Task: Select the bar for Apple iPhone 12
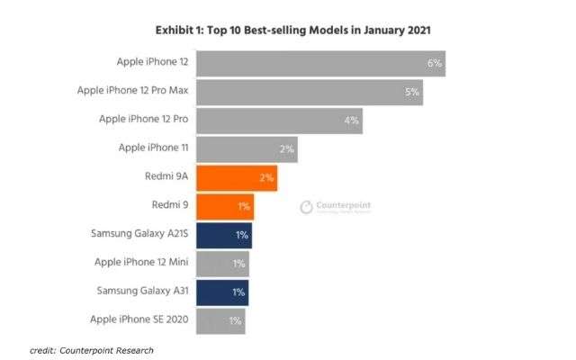click(x=319, y=64)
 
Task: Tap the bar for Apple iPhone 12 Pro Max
click(x=309, y=92)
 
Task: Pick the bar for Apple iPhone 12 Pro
click(x=279, y=120)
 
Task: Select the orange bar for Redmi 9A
click(x=236, y=177)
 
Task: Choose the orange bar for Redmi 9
click(x=224, y=206)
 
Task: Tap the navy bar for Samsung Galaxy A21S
click(x=223, y=235)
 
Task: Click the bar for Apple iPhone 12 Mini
click(x=221, y=264)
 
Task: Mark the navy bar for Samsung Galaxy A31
click(x=221, y=292)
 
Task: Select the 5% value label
click(x=412, y=92)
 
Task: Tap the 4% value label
click(x=352, y=120)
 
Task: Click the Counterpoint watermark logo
click(x=336, y=207)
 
